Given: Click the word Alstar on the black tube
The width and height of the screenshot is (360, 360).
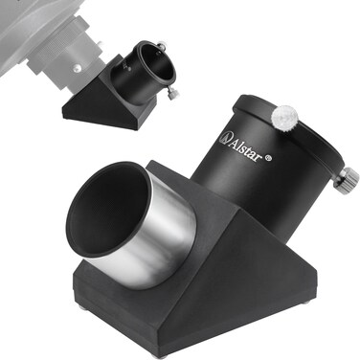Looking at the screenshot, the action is pos(245,148).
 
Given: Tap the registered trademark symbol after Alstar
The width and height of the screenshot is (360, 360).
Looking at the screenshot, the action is pos(269,157).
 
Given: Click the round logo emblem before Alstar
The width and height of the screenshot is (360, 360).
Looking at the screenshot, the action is pos(224,138).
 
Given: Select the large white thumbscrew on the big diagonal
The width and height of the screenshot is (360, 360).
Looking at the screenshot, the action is pos(285,116).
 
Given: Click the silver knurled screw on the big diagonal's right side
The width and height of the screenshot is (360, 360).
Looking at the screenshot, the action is pos(347,178).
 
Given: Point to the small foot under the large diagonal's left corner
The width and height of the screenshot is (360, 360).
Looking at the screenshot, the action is pos(80,305).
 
